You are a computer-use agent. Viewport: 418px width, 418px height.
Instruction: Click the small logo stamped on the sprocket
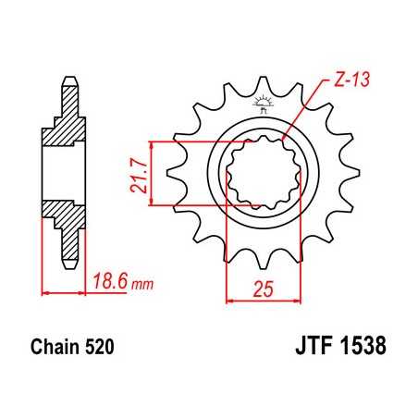[x=262, y=105]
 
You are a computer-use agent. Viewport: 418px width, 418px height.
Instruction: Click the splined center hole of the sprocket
[x=262, y=172]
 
